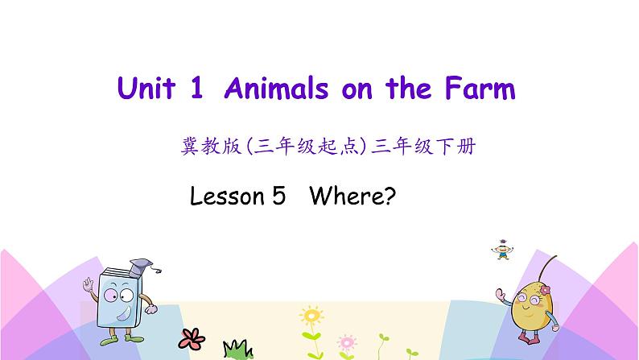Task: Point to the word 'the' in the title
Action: (x=413, y=89)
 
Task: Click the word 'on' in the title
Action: (x=358, y=89)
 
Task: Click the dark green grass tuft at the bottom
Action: (x=236, y=349)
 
